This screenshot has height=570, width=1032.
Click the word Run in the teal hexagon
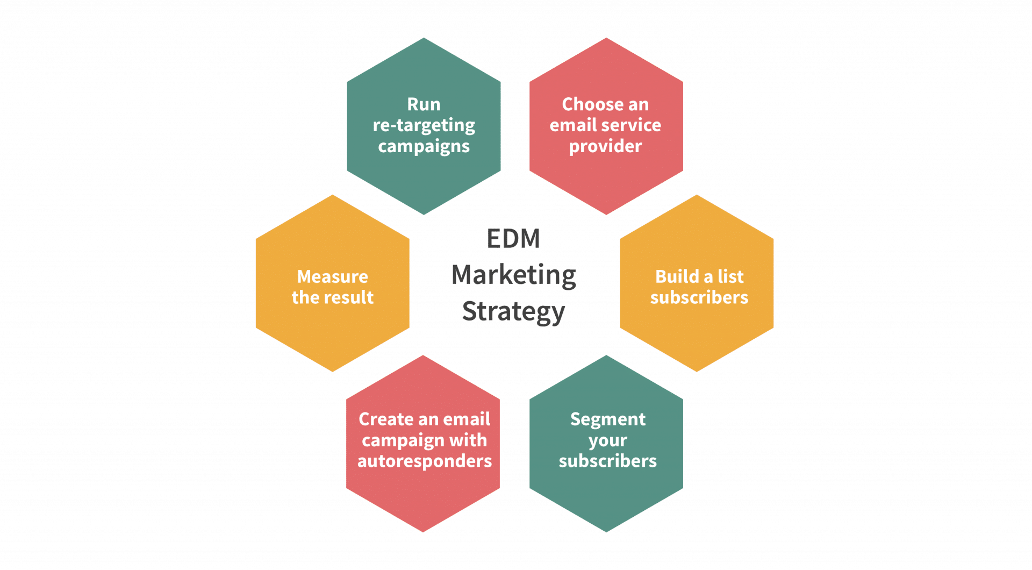point(424,104)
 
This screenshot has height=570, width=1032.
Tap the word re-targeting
point(424,126)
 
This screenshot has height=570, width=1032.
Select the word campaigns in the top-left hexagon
point(424,146)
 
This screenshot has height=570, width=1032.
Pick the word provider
point(605,146)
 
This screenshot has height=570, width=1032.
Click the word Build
point(677,276)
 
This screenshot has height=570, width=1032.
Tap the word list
point(731,276)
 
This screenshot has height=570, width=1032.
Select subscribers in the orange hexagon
point(699,297)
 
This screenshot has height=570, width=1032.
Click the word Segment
point(607,419)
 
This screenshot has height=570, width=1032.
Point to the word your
point(607,441)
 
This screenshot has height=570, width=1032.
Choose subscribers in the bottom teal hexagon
point(607,461)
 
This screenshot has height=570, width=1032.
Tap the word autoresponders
point(424,461)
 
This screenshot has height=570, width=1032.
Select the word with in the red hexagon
point(468,440)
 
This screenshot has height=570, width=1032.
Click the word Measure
point(332,276)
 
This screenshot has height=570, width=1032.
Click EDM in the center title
point(513,239)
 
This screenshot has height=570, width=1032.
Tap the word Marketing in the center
point(513,275)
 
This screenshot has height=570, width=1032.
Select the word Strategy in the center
point(513,312)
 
